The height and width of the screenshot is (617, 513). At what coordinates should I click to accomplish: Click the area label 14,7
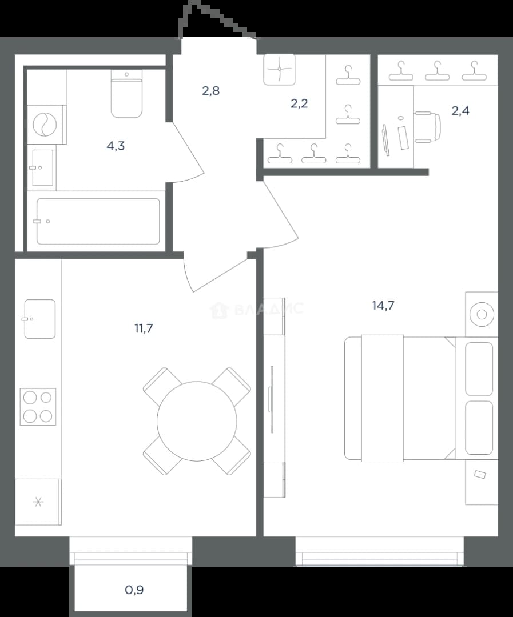point(383,305)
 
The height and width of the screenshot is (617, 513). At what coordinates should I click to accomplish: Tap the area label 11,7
point(144,328)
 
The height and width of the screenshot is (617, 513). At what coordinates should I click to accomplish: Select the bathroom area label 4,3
point(116,146)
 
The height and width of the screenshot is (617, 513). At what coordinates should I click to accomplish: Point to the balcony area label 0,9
point(134,590)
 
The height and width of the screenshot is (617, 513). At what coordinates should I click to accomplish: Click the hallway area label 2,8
point(211,91)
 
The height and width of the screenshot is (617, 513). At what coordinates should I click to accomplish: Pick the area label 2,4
point(460,111)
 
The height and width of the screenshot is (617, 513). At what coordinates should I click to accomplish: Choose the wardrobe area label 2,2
point(299,103)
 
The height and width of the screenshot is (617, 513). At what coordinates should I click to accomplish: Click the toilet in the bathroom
point(126,94)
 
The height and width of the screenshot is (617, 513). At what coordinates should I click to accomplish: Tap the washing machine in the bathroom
point(46,125)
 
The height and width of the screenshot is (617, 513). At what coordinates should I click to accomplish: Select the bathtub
point(98,221)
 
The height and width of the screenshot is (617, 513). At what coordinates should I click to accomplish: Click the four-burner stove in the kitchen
point(38,407)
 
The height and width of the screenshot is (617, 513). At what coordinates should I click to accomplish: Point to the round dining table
point(197,421)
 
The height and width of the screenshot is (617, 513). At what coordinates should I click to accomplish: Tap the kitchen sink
point(40,319)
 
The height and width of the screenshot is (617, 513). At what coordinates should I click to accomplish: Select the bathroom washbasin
point(42,167)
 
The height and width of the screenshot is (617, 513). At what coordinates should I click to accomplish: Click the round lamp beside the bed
point(482,314)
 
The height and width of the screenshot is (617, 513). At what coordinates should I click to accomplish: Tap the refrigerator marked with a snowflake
point(38,502)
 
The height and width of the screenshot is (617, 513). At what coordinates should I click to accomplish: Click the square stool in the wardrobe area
point(279,69)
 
